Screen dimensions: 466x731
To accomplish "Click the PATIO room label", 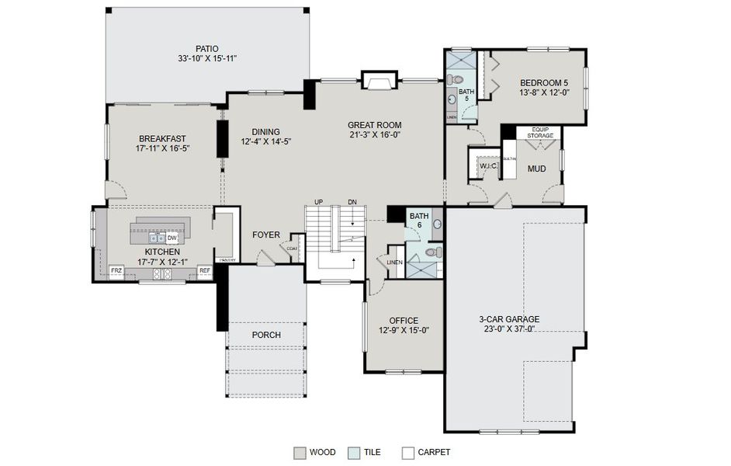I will point(206,48).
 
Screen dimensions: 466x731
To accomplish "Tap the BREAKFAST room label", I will point(163,139).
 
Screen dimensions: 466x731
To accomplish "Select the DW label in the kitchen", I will point(171,238).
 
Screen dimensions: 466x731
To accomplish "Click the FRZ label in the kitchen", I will point(116,271).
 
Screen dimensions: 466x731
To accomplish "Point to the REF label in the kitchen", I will point(205,271).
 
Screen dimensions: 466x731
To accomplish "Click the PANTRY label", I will point(227,260).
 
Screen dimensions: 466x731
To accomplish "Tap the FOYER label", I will point(265,235).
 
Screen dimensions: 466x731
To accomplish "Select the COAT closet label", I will point(292,249).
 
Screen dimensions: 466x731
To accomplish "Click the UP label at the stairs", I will point(318,202).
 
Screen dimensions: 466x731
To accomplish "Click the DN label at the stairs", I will point(352,202).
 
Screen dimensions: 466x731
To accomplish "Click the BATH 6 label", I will point(419,221).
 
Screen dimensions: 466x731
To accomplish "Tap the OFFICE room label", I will point(404,320).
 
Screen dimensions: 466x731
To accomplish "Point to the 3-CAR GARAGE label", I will point(509,318).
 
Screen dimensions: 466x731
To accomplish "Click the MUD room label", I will point(536,168).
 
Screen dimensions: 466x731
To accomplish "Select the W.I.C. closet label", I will point(488,165).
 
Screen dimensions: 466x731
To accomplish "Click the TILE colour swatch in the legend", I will point(353,452).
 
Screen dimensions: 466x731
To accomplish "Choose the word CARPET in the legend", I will point(434,452).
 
